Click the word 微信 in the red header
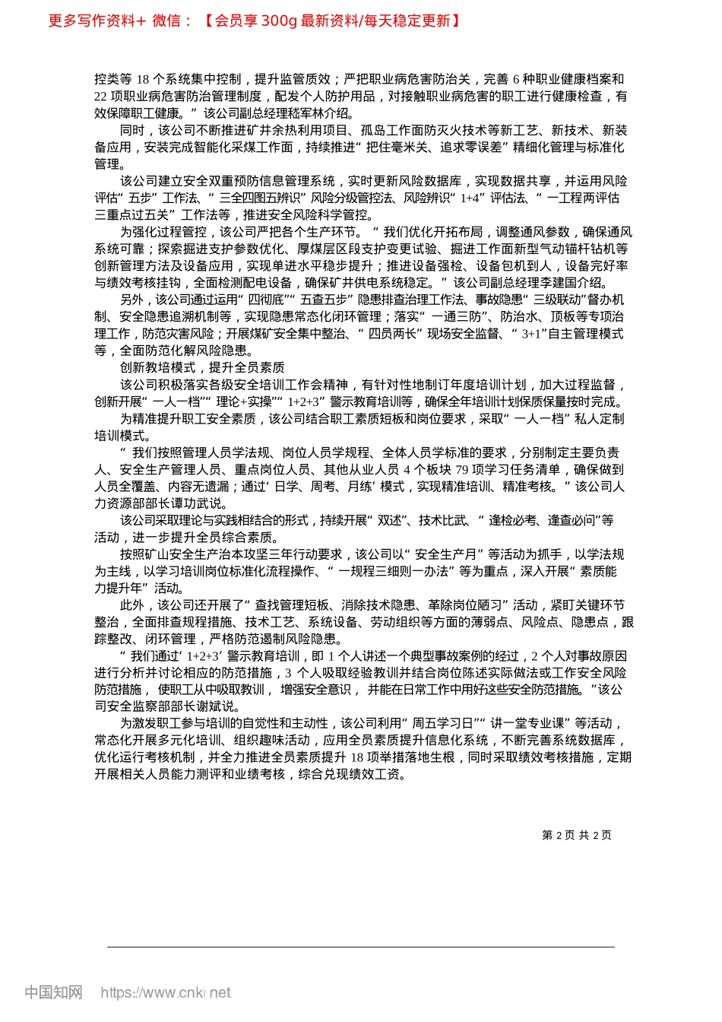pos(166,21)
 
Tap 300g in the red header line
pos(278,21)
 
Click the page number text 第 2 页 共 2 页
pos(577,835)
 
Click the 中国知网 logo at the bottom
pos(53,992)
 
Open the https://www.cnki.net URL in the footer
pos(166,992)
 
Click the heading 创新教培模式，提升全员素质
pos(202,368)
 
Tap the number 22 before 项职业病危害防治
pos(101,97)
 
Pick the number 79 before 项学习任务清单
pos(461,470)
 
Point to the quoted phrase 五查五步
pos(325,300)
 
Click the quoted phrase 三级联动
pos(557,300)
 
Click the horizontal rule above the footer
pos(361,947)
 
